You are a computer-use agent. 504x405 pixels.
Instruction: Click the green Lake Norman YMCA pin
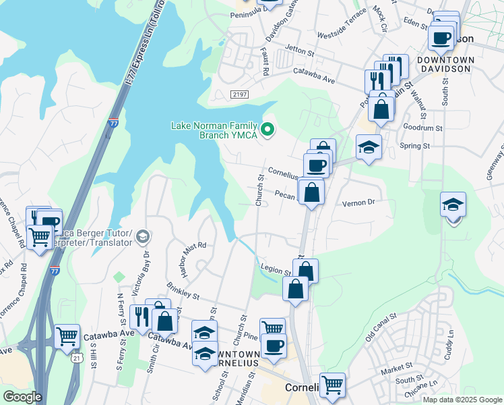click(268, 129)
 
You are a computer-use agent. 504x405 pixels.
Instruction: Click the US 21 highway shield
click(78, 358)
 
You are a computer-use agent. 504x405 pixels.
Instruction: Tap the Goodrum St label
click(422, 127)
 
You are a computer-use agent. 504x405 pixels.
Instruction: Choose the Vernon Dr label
click(358, 202)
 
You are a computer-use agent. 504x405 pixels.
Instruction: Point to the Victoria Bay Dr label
click(146, 273)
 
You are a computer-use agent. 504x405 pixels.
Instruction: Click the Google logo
click(22, 396)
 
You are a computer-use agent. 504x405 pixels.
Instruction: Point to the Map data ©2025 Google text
click(462, 400)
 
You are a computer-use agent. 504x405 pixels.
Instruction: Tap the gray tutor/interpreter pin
click(142, 236)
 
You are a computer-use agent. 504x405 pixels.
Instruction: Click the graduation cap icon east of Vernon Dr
click(453, 205)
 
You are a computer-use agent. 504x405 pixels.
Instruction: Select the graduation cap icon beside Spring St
click(369, 147)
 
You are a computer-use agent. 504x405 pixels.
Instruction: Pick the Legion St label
click(275, 271)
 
